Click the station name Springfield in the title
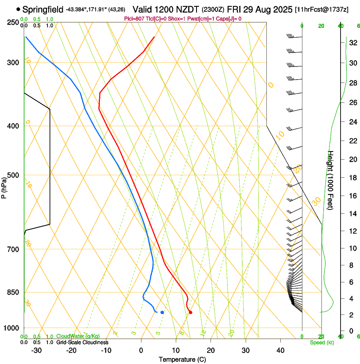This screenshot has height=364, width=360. pos(43,9)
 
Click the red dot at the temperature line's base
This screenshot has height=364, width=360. pos(190,312)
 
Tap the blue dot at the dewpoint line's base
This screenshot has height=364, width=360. pos(162,312)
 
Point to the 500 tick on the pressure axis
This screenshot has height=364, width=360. pos(13,175)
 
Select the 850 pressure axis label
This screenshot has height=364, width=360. pos(13,292)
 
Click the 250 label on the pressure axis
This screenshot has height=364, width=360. pos(13,22)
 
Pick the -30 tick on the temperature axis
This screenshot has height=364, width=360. pos(36,350)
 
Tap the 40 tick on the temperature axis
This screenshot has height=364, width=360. pos(280,350)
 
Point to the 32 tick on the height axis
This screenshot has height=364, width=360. pos(351,43)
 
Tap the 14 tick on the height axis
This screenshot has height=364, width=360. pos(351,214)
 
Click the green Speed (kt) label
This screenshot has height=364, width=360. pos(322,342)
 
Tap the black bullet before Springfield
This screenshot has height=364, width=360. pos(18,9)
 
